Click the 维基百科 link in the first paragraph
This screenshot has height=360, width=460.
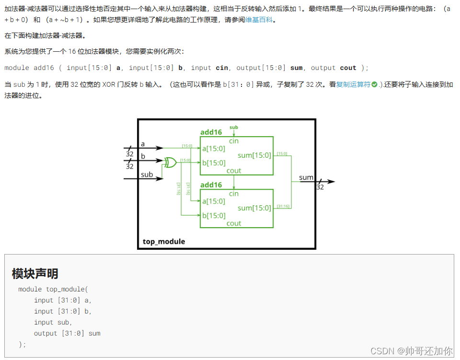259,20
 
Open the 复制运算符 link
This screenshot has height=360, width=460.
353,84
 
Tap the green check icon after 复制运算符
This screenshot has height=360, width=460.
374,85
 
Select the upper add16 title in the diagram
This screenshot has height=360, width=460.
211,132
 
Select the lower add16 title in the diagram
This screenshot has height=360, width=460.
211,185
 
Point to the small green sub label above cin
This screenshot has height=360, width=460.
234,127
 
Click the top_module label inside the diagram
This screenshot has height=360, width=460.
164,241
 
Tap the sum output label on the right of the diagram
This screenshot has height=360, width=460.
306,177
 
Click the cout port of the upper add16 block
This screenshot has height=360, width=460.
234,171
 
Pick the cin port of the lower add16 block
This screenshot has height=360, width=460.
234,194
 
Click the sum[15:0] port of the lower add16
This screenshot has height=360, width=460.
254,208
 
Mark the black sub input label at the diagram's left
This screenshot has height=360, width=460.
147,174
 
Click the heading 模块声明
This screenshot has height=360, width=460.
35,274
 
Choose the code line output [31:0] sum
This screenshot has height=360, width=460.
67,333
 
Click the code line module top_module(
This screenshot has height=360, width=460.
53,289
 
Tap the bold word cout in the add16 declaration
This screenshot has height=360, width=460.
348,68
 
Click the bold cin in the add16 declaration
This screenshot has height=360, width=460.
222,68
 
